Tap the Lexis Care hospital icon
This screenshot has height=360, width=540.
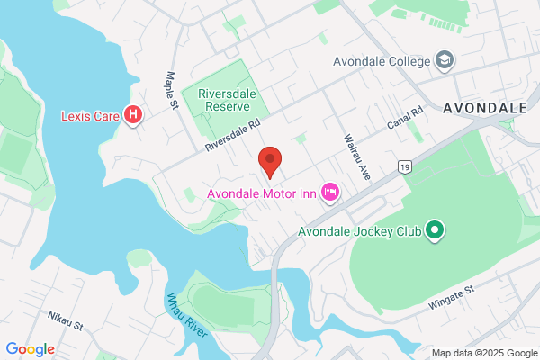(x=133, y=115)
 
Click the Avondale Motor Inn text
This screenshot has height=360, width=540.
(x=263, y=193)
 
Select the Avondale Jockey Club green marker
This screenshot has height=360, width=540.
(x=436, y=230)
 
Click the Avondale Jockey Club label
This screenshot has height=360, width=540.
(x=360, y=231)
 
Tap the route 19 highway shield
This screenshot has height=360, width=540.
(x=406, y=166)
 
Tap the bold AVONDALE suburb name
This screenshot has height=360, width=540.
(x=484, y=108)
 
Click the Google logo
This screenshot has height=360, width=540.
(x=30, y=348)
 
